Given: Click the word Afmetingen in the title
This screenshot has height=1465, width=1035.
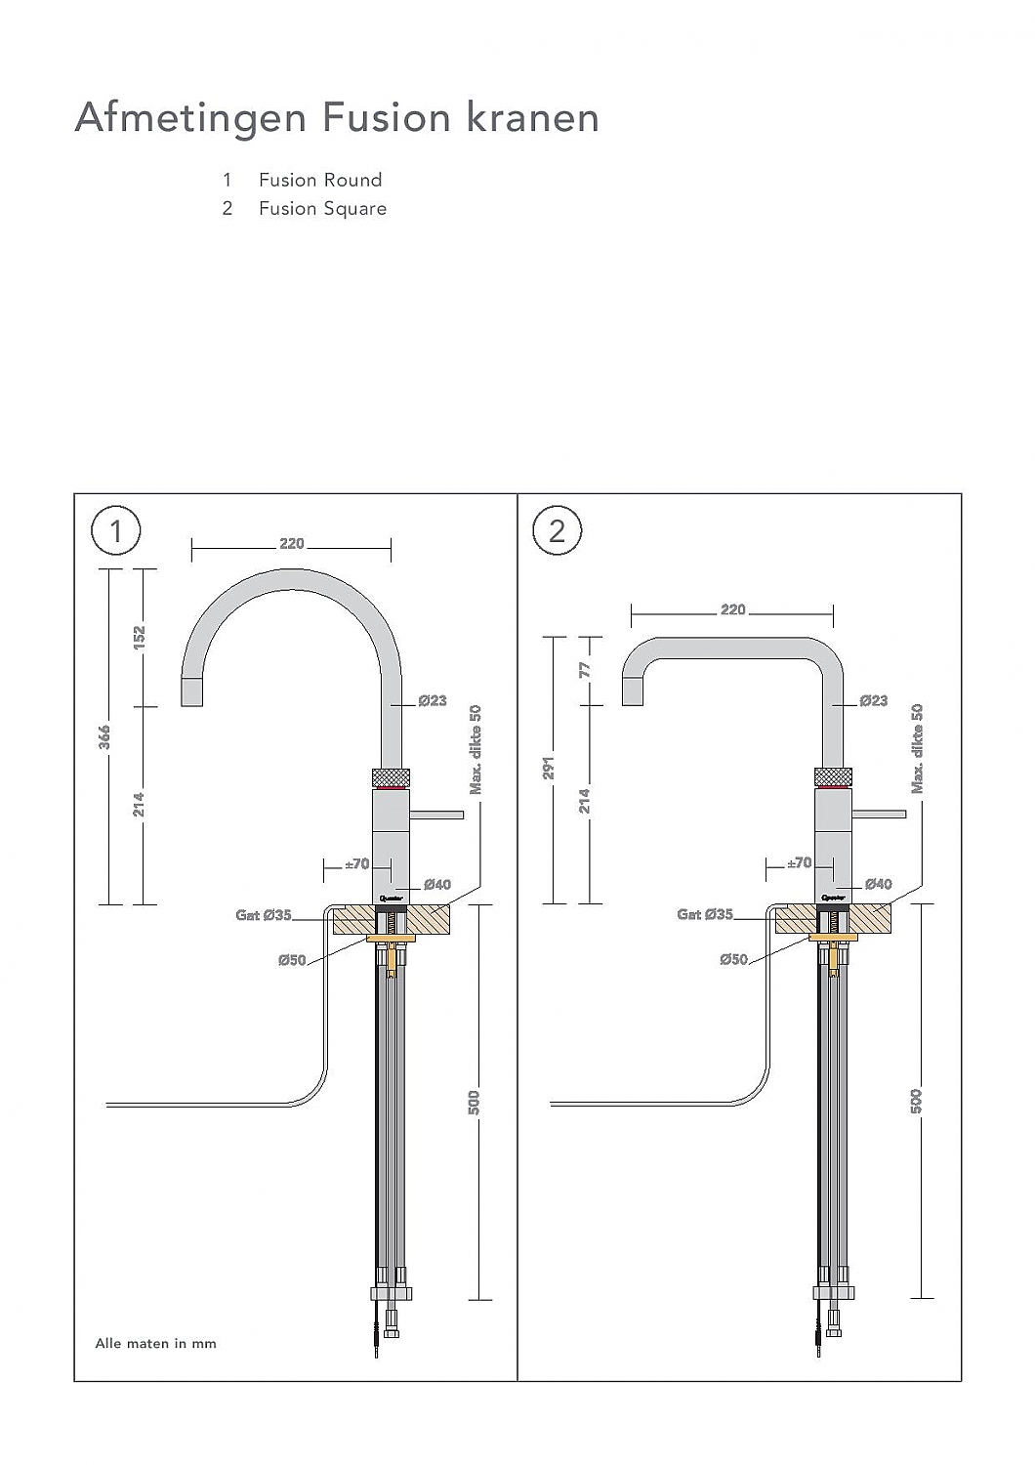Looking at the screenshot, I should click(x=191, y=118).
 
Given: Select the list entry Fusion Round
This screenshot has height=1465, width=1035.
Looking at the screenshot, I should click(x=319, y=180).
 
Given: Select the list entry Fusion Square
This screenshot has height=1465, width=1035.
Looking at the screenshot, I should click(x=322, y=208).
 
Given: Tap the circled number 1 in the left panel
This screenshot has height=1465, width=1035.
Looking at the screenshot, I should click(x=116, y=531).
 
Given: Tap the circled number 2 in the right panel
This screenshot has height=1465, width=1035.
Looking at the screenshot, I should click(x=557, y=531).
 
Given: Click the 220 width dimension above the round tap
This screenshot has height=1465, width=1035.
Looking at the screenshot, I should click(x=291, y=544).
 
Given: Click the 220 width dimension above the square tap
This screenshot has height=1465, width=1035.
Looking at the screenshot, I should click(x=732, y=610).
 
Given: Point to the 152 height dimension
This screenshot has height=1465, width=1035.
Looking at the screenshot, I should click(x=139, y=638).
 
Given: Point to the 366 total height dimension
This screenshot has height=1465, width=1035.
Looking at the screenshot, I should click(x=104, y=736).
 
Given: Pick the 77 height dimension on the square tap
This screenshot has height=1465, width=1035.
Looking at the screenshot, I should click(x=585, y=670).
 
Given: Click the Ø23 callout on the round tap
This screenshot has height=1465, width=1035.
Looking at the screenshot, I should click(x=432, y=700).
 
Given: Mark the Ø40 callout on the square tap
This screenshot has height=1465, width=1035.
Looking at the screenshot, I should click(x=877, y=884).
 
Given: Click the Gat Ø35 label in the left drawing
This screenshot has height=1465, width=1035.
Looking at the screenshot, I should click(x=264, y=915).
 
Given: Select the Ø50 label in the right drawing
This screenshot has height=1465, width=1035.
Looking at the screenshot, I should click(x=733, y=959).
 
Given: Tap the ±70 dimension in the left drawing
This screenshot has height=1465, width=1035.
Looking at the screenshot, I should click(x=357, y=863).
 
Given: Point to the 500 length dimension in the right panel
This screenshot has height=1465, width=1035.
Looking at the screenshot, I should click(x=916, y=1101).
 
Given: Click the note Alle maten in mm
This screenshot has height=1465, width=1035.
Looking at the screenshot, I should click(x=155, y=1344).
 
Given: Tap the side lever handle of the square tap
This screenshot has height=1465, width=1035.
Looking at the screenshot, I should click(x=879, y=813).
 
